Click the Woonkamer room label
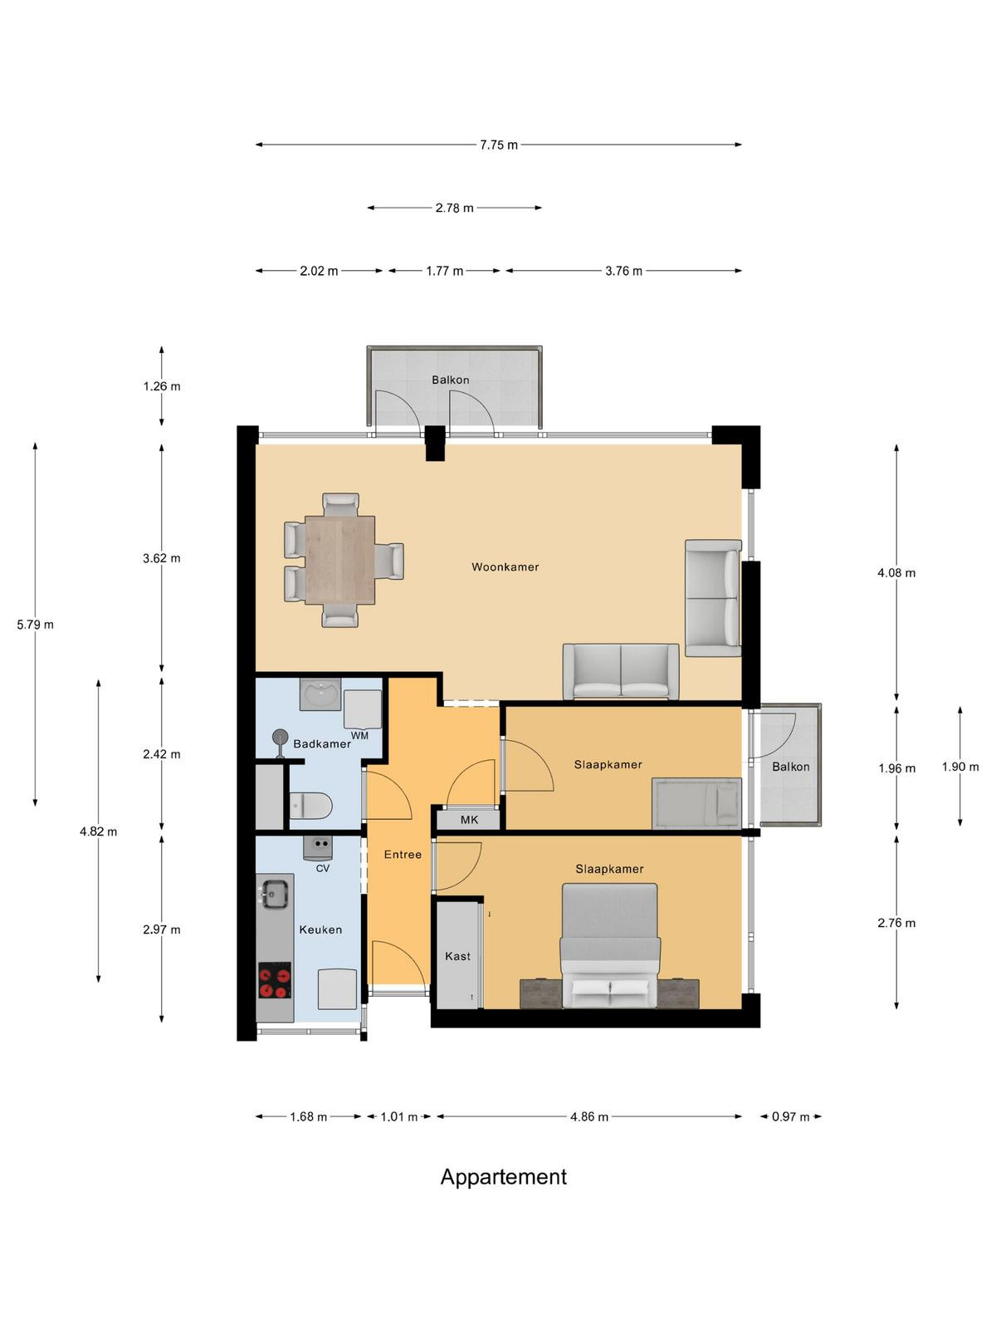click(x=505, y=566)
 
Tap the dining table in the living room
click(x=339, y=560)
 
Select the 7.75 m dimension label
click(x=499, y=145)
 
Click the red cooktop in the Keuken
click(x=276, y=979)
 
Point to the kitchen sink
click(x=275, y=893)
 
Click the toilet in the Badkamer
click(x=310, y=806)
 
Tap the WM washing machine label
click(x=359, y=736)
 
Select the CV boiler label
click(x=322, y=868)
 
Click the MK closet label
click(x=469, y=820)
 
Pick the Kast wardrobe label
click(x=458, y=956)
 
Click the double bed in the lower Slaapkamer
click(x=609, y=945)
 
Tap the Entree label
click(x=403, y=855)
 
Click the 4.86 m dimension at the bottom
click(x=589, y=1116)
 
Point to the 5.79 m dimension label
click(x=35, y=625)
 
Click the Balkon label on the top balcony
click(x=451, y=380)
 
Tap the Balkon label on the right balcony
click(x=790, y=767)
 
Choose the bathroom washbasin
click(x=320, y=694)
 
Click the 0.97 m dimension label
click(x=790, y=1116)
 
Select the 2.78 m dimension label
click(x=454, y=208)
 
